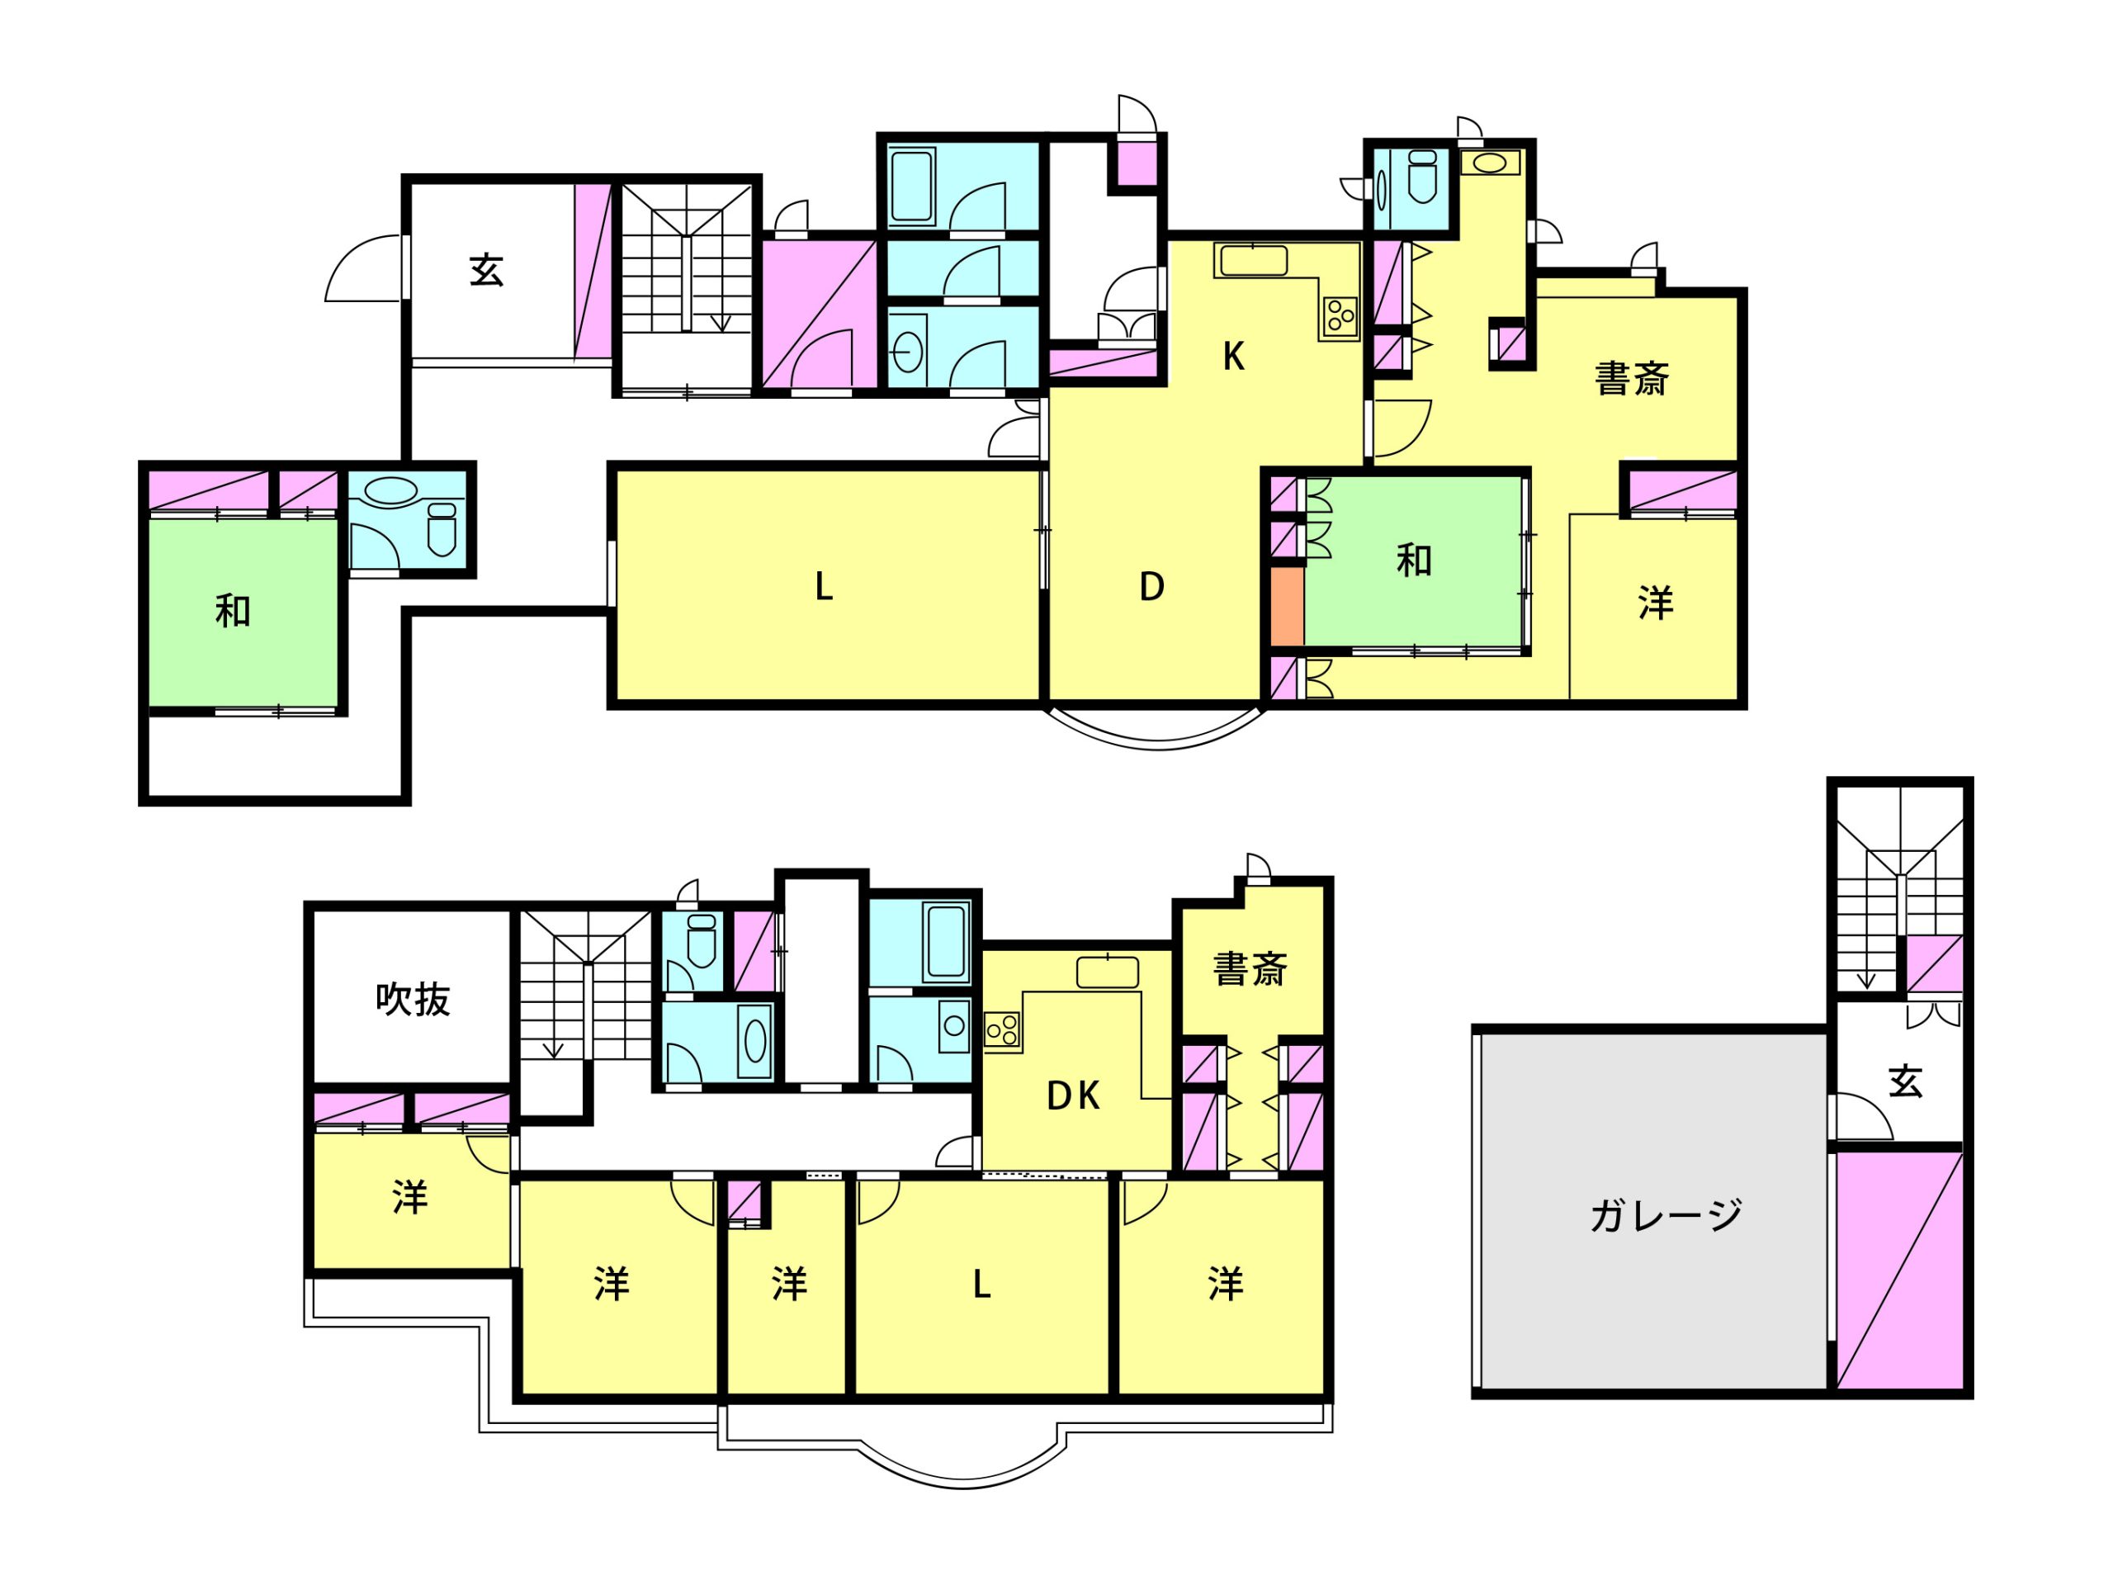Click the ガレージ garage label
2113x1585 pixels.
[x=1666, y=1215]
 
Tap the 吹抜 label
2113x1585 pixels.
[x=413, y=1000]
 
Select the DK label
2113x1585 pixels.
[x=1073, y=1095]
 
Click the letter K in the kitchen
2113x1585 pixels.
[x=1233, y=357]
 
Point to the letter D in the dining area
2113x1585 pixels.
[x=1152, y=587]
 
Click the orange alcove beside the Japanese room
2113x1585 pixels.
[x=1287, y=608]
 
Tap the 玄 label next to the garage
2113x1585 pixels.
[x=1905, y=1081]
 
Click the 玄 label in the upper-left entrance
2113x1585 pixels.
[x=486, y=271]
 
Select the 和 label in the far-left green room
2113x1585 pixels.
[x=233, y=612]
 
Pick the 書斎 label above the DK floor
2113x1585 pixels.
[x=1250, y=969]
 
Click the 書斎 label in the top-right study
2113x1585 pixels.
[x=1632, y=379]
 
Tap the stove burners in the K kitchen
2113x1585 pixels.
[x=1340, y=315]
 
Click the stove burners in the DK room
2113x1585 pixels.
[x=1002, y=1031]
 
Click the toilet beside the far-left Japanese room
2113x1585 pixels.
[x=442, y=529]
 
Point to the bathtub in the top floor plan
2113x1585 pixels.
[x=912, y=187]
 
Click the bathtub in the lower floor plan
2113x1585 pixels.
[x=946, y=941]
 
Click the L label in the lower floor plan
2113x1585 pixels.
[x=981, y=1285]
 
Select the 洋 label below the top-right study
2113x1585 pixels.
[x=1656, y=603]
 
